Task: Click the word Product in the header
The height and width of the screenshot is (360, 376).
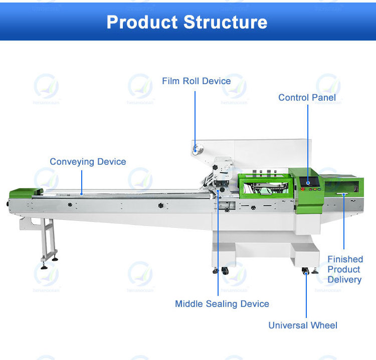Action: (x=142, y=22)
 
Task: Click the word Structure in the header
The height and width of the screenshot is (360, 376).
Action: (x=225, y=22)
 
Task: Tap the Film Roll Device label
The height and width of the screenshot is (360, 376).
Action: (x=196, y=81)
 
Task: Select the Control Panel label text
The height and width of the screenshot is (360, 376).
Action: (x=307, y=98)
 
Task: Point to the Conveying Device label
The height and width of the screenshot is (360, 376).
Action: (x=88, y=162)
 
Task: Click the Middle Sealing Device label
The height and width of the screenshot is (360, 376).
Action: (x=222, y=304)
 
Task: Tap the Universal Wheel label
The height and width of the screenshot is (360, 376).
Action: (x=303, y=325)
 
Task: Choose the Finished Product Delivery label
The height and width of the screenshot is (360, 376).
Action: (x=344, y=269)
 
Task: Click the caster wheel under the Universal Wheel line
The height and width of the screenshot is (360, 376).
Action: (x=305, y=271)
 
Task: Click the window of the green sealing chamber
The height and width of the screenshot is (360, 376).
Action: (x=264, y=187)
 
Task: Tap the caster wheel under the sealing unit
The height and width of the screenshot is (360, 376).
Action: (x=224, y=270)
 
